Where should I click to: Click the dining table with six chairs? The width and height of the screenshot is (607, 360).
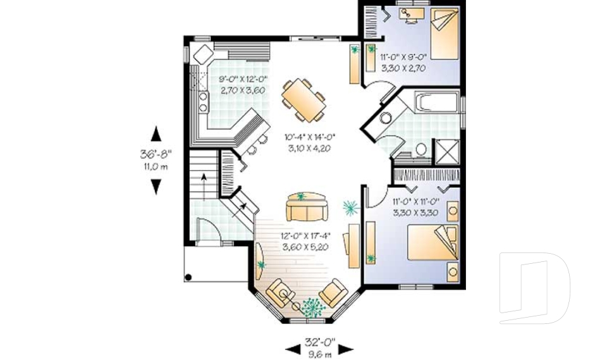303,99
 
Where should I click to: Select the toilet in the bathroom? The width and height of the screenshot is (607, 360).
421,150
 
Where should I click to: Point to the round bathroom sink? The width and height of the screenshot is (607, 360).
386,118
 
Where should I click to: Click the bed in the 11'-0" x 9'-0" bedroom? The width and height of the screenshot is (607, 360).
439,35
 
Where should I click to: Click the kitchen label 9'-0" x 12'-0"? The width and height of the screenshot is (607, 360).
243,80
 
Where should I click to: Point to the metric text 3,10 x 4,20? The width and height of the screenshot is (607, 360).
308,148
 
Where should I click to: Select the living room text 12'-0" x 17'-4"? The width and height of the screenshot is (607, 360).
305,237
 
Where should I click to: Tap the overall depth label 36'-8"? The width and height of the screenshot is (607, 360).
156,154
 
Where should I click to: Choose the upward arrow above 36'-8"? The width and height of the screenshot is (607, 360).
156,133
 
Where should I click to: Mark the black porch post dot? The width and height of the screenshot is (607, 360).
188,277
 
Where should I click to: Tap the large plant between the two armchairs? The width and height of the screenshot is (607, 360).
310,306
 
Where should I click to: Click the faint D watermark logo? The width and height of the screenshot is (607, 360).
534,288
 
